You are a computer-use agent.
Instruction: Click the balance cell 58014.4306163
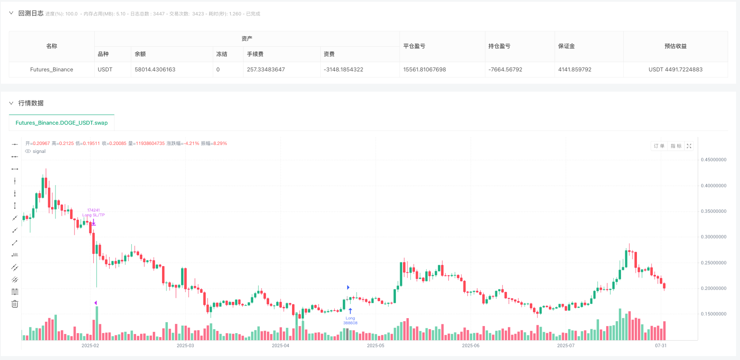point(155,70)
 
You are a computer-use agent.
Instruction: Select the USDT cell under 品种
point(105,70)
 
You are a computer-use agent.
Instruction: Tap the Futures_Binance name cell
point(52,70)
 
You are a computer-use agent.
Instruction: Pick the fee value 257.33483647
point(266,70)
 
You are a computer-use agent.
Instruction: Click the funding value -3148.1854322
point(344,70)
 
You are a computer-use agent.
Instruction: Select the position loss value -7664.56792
point(505,70)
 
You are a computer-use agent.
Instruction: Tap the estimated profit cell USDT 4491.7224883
point(675,70)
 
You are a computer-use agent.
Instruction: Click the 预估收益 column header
point(675,46)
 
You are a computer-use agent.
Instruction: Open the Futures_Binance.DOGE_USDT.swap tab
point(62,123)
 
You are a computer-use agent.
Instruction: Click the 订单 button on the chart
point(659,146)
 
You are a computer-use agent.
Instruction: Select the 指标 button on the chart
point(676,146)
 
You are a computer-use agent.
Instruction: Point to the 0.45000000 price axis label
point(714,160)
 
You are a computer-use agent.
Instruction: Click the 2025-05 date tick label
point(375,346)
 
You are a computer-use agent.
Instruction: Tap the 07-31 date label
point(661,346)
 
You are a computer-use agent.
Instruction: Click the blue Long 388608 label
point(350,321)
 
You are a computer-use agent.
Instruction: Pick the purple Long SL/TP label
point(93,215)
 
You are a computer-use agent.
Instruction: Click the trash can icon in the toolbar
point(15,304)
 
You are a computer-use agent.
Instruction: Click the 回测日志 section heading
point(31,14)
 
